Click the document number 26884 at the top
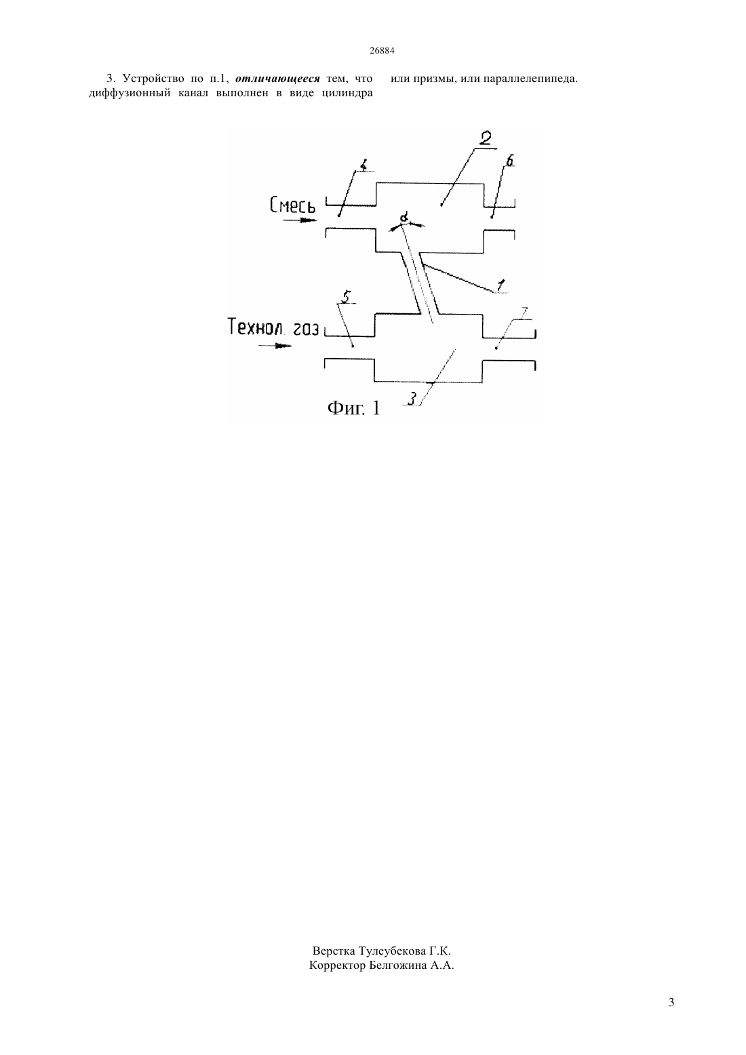(x=382, y=51)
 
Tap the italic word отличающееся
(x=277, y=78)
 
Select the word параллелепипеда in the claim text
(x=531, y=79)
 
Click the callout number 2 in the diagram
(x=485, y=138)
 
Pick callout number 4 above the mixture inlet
(x=363, y=165)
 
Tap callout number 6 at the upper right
(x=509, y=161)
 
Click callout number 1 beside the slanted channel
(x=500, y=285)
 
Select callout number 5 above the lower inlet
(x=346, y=297)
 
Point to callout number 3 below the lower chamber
(x=412, y=399)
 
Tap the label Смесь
(x=292, y=205)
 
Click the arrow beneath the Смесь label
(x=300, y=220)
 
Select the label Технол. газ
(x=273, y=327)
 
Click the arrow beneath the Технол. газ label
(x=275, y=346)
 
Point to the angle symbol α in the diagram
(x=404, y=218)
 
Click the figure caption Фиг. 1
(x=354, y=408)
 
